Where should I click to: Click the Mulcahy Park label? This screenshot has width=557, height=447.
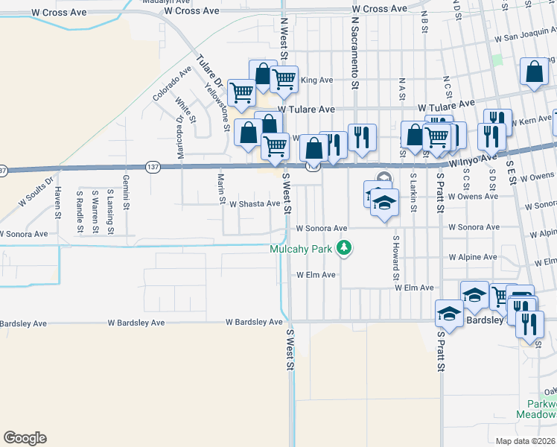(x=301, y=249)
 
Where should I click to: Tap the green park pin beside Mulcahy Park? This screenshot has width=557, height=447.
(x=344, y=247)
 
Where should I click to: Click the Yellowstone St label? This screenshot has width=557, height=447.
(x=217, y=105)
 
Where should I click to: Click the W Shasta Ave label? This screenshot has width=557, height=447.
(x=255, y=203)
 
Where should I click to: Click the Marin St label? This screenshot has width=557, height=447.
(x=221, y=188)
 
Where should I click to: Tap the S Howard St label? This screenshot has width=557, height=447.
(x=397, y=253)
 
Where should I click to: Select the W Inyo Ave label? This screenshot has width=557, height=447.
(x=471, y=160)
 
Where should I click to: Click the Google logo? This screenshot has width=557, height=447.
(x=25, y=438)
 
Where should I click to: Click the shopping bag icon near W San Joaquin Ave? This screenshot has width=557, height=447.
(x=533, y=73)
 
